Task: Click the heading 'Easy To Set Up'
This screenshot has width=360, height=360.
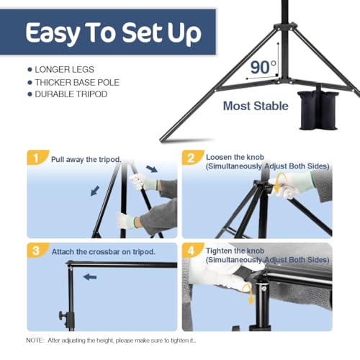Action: (113, 33)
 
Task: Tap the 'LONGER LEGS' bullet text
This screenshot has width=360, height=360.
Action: (64, 70)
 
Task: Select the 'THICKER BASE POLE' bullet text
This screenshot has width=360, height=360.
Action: (77, 82)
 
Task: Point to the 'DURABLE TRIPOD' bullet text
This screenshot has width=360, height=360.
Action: (71, 94)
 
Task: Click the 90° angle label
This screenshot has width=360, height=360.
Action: (264, 68)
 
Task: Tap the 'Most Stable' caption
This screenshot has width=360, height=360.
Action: (256, 106)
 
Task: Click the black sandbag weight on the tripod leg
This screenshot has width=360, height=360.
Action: (318, 109)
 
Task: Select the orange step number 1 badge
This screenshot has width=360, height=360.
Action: (37, 158)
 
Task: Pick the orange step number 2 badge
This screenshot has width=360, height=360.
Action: (192, 158)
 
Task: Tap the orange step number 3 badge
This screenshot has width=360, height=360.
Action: (37, 251)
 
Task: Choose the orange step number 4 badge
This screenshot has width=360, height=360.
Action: (192, 251)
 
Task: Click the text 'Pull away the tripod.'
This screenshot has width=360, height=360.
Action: (86, 160)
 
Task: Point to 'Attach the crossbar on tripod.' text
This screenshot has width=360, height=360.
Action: (104, 252)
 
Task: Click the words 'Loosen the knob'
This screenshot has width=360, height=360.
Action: (235, 157)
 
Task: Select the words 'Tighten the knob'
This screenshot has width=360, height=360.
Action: (235, 251)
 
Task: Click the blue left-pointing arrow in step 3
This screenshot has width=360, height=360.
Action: (90, 277)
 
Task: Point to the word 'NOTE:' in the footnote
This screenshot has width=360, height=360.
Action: (35, 341)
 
